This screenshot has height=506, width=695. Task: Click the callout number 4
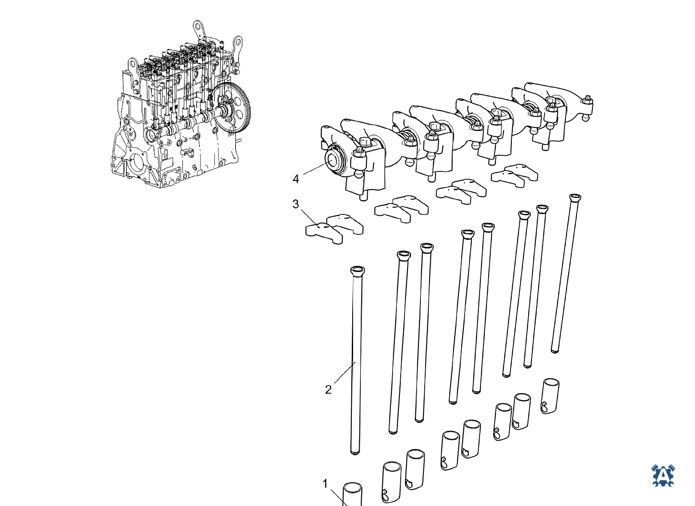click(296, 179)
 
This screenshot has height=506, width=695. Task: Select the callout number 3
click(296, 204)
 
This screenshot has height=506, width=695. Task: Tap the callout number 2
click(328, 390)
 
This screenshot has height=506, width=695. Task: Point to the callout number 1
click(325, 484)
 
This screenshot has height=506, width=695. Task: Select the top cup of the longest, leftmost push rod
click(357, 271)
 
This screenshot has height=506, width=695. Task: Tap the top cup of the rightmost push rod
click(575, 198)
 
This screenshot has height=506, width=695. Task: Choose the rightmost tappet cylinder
click(550, 396)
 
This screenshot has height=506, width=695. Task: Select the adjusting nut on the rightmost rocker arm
click(587, 100)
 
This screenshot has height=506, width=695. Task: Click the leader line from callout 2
click(344, 372)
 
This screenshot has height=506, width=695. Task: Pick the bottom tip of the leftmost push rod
click(355, 453)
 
